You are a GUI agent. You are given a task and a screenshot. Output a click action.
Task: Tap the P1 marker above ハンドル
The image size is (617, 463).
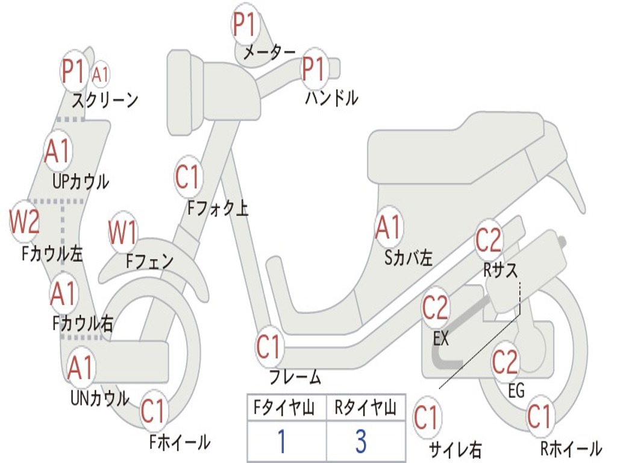[313, 69]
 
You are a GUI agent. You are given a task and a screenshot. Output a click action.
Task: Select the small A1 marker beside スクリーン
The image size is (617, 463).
[101, 75]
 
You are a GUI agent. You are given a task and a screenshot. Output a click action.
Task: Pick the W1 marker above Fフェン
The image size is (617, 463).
[123, 232]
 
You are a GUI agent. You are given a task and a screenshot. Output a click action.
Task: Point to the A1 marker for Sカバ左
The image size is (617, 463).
[388, 228]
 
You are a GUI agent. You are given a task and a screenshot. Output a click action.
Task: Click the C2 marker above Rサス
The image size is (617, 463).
[489, 240]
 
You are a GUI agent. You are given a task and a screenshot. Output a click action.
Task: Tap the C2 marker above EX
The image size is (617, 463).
[436, 308]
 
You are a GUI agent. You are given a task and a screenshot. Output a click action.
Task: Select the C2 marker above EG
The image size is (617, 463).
[505, 361]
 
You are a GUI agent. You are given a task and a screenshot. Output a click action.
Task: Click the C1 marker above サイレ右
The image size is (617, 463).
[426, 418]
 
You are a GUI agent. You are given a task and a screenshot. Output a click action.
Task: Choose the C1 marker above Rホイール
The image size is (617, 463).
[539, 416]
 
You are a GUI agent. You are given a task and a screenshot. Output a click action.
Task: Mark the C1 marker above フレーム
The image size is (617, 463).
[269, 347]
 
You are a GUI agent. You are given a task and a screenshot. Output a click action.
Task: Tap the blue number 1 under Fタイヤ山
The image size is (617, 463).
[281, 441]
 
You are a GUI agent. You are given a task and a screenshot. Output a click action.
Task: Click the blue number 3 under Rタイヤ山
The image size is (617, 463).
[361, 441]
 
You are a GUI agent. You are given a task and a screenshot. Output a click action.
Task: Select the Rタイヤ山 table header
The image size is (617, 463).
[365, 409]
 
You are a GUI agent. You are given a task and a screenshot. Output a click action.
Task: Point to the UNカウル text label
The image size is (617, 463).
[100, 398]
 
